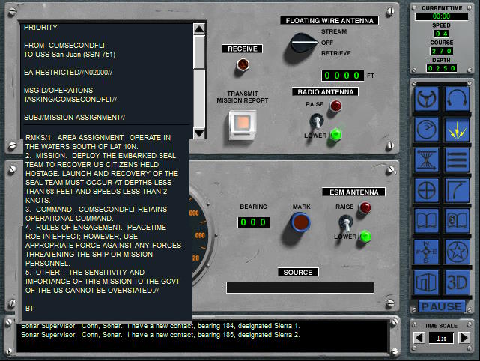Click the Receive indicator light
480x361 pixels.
pyautogui.click(x=243, y=64)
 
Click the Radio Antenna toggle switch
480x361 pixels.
pyautogui.click(x=317, y=121)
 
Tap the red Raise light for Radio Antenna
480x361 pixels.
pyautogui.click(x=335, y=106)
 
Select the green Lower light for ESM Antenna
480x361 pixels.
pyautogui.click(x=365, y=236)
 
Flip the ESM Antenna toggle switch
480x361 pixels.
pyautogui.click(x=346, y=222)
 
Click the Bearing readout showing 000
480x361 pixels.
pyautogui.click(x=253, y=222)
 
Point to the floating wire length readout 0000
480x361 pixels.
pyautogui.click(x=342, y=76)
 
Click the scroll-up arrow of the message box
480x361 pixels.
pyautogui.click(x=199, y=29)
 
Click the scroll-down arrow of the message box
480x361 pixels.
pyautogui.click(x=199, y=133)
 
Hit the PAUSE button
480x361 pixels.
pyautogui.click(x=441, y=306)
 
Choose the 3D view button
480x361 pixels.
pyautogui.click(x=457, y=282)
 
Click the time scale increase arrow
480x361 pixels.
pyautogui.click(x=464, y=338)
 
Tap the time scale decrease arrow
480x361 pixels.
pyautogui.click(x=419, y=338)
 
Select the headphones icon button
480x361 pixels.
pyautogui.click(x=457, y=99)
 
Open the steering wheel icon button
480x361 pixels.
pyautogui.click(x=426, y=99)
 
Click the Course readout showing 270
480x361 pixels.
pyautogui.click(x=441, y=51)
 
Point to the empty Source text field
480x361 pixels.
pyautogui.click(x=300, y=288)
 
